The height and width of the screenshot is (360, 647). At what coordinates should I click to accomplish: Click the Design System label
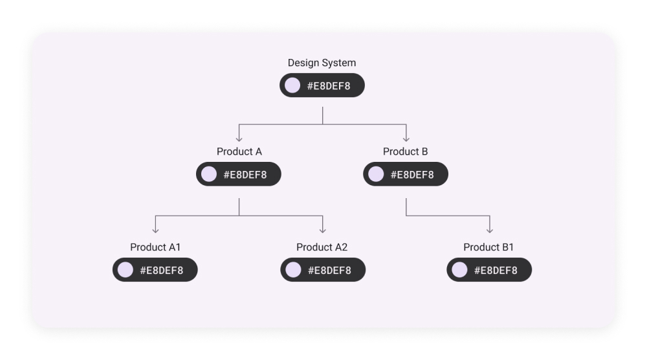[322, 63]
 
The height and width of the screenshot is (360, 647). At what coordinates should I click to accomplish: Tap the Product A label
[239, 152]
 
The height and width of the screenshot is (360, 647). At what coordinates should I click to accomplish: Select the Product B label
[405, 152]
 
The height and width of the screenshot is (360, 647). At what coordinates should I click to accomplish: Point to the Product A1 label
[155, 247]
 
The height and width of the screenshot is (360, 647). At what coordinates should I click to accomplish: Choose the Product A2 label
[322, 247]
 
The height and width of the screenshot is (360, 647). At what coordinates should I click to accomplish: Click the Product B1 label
[488, 247]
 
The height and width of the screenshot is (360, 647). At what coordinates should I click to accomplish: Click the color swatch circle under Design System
[292, 85]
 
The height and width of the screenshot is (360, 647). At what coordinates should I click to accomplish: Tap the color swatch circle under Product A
[209, 174]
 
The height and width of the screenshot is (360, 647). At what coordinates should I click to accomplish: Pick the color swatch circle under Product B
[376, 174]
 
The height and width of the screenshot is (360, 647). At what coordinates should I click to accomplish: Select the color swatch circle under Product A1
[126, 270]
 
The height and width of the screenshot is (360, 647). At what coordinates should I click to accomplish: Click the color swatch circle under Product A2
[293, 270]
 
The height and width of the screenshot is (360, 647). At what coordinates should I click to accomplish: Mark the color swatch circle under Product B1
[459, 270]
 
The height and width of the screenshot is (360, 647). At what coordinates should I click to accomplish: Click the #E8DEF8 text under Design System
[329, 86]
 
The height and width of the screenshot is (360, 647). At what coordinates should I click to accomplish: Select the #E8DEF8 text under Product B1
[496, 271]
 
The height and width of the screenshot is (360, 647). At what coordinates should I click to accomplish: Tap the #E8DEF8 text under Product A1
[162, 271]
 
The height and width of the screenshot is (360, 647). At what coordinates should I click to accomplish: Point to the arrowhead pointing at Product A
[239, 138]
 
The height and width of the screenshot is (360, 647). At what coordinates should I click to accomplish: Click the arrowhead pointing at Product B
[406, 138]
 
